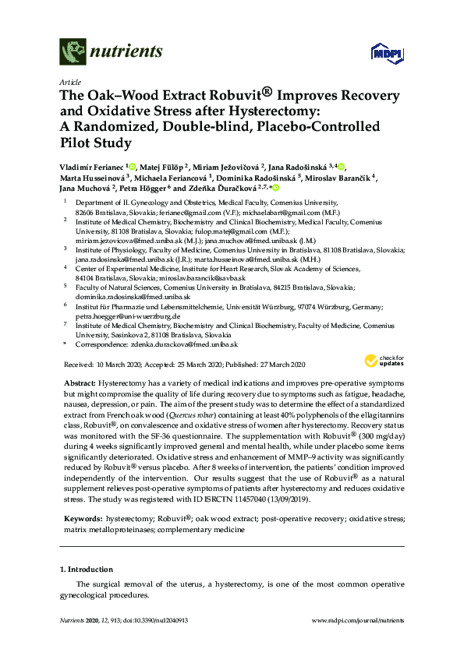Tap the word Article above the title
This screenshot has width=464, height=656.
69,83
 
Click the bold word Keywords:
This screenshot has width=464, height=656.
81,517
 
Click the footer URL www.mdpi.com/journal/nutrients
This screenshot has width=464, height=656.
356,620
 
